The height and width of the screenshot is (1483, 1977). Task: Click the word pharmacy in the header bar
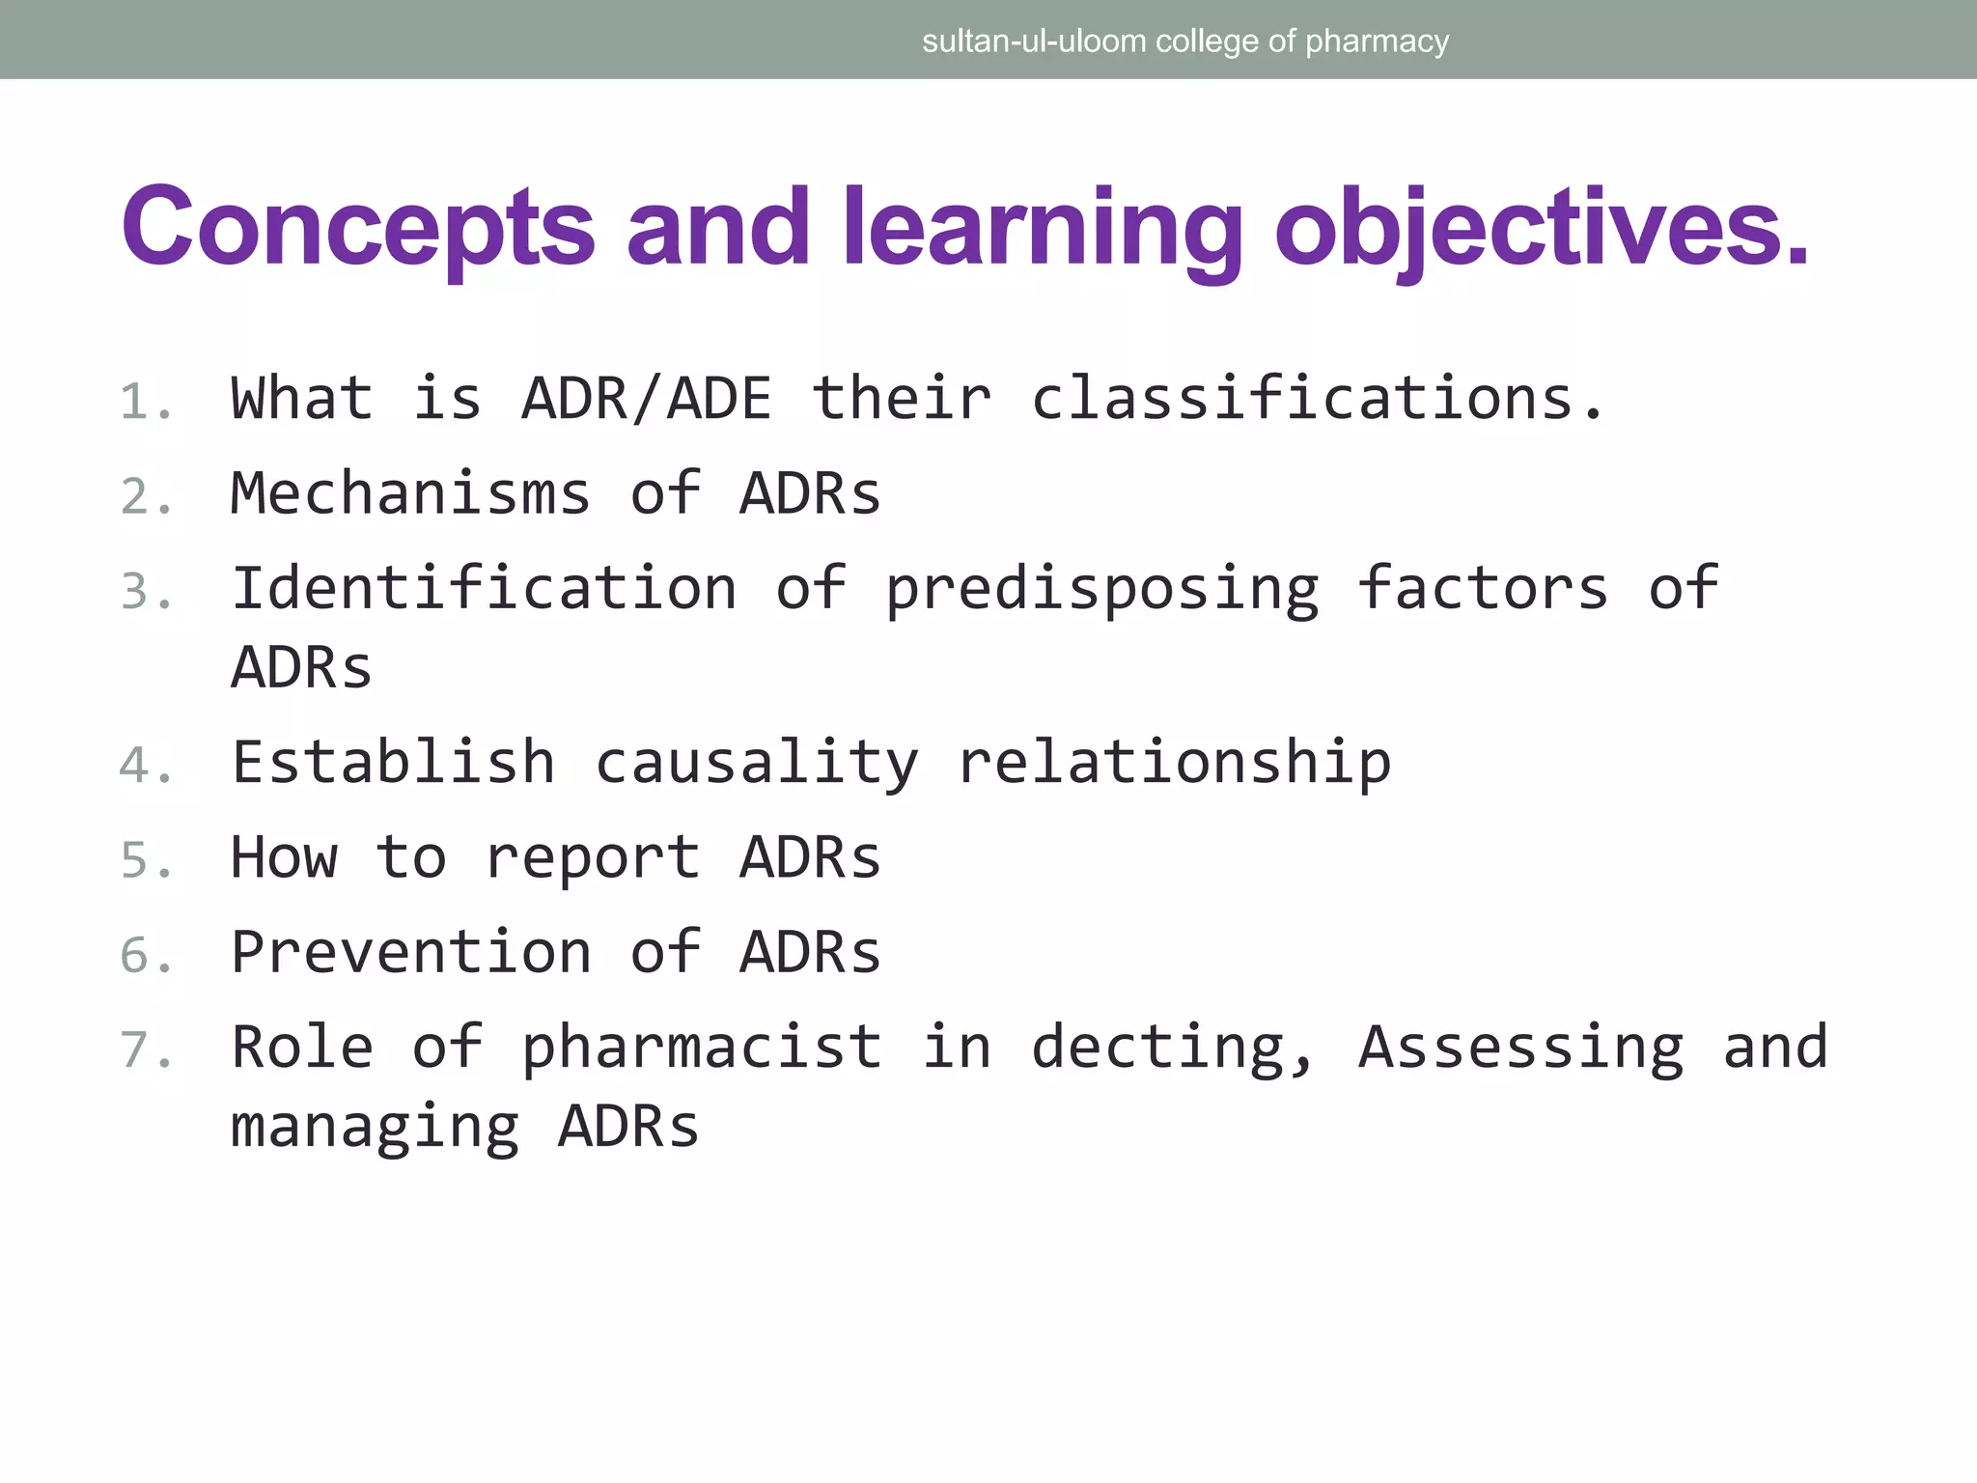click(1377, 42)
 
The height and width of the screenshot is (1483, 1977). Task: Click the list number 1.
click(145, 402)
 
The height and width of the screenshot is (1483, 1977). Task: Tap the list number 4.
click(145, 766)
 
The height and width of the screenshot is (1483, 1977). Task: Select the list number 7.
click(145, 1050)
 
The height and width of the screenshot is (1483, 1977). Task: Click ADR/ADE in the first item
click(647, 398)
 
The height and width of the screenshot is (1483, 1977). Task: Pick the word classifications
click(1318, 398)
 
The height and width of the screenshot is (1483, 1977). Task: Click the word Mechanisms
click(410, 493)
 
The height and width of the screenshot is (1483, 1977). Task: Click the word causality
click(757, 763)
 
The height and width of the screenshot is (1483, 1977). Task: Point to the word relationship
click(1174, 763)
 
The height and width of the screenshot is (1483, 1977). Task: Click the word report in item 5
click(593, 858)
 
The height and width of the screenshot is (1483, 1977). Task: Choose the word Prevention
click(410, 952)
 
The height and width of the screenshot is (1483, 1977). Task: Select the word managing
click(375, 1128)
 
